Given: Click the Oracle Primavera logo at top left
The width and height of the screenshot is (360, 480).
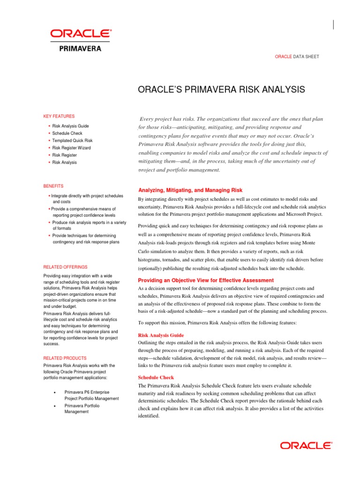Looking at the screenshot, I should tap(81, 39).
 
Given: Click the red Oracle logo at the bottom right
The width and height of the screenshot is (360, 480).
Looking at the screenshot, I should tap(306, 446).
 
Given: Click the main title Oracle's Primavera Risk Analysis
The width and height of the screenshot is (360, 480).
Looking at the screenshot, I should tap(221, 90).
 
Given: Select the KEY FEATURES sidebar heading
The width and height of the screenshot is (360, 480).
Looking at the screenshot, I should tap(59, 116).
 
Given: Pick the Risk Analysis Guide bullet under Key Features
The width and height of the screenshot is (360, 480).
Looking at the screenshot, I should tap(70, 127).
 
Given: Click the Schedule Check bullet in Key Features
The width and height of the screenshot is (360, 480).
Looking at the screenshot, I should tap(67, 134).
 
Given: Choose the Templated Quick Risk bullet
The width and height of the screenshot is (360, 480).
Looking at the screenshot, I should tap(72, 141).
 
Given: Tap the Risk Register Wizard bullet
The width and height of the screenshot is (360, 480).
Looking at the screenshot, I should tap(71, 148).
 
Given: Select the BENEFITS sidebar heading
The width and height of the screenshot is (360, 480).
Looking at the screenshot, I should tap(53, 186).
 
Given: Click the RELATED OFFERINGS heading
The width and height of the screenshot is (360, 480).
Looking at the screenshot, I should tap(65, 267).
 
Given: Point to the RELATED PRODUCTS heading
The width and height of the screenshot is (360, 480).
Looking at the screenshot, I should tap(65, 358).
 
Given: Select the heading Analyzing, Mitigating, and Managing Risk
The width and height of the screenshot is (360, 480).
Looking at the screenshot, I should tap(190, 190).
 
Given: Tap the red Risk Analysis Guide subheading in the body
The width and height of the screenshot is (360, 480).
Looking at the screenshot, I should tap(161, 336).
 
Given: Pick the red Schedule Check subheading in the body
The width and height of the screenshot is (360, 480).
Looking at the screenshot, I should tap(156, 377).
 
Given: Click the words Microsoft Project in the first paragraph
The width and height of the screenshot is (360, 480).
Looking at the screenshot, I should tap(303, 214).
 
